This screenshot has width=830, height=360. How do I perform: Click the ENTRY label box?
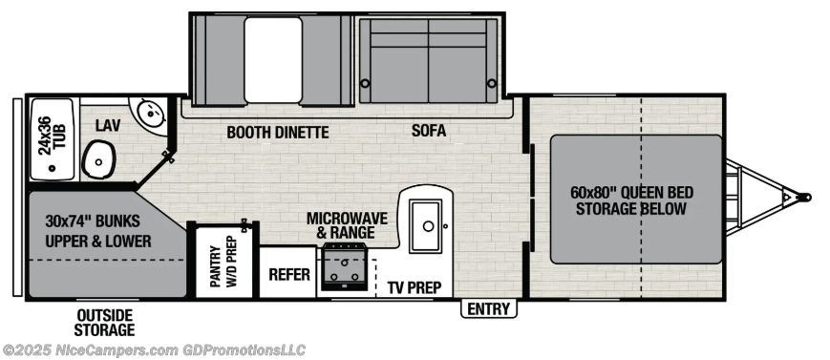coord(490,308)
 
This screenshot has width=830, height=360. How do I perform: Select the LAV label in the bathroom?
coord(106,125)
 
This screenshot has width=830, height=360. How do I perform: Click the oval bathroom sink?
coord(97,159)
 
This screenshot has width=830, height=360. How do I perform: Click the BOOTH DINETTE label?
coord(277,133)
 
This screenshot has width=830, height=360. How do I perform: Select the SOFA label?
coord(429,130)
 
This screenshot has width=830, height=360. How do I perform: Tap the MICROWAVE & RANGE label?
coord(346,225)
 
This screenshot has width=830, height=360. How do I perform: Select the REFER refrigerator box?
coord(289,274)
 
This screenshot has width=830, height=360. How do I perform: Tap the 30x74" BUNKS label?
coord(98,229)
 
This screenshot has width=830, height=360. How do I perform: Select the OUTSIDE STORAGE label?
coord(105,322)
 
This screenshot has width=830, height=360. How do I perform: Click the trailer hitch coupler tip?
coord(805,199)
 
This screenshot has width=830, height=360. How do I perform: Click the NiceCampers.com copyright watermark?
coord(153,350)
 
